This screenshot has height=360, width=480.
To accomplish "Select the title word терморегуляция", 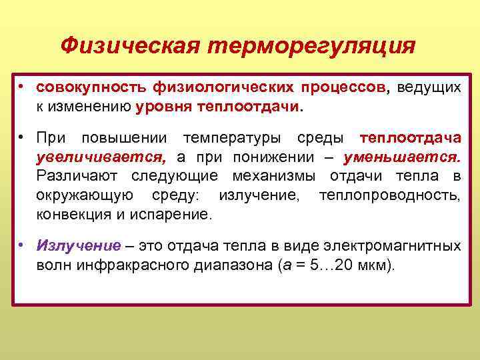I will coord(311,47).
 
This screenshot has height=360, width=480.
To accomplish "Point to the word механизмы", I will coord(274,176).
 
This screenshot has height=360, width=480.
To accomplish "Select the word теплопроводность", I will coord(389,195).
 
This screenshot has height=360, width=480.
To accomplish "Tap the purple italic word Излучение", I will coord(79,246).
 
